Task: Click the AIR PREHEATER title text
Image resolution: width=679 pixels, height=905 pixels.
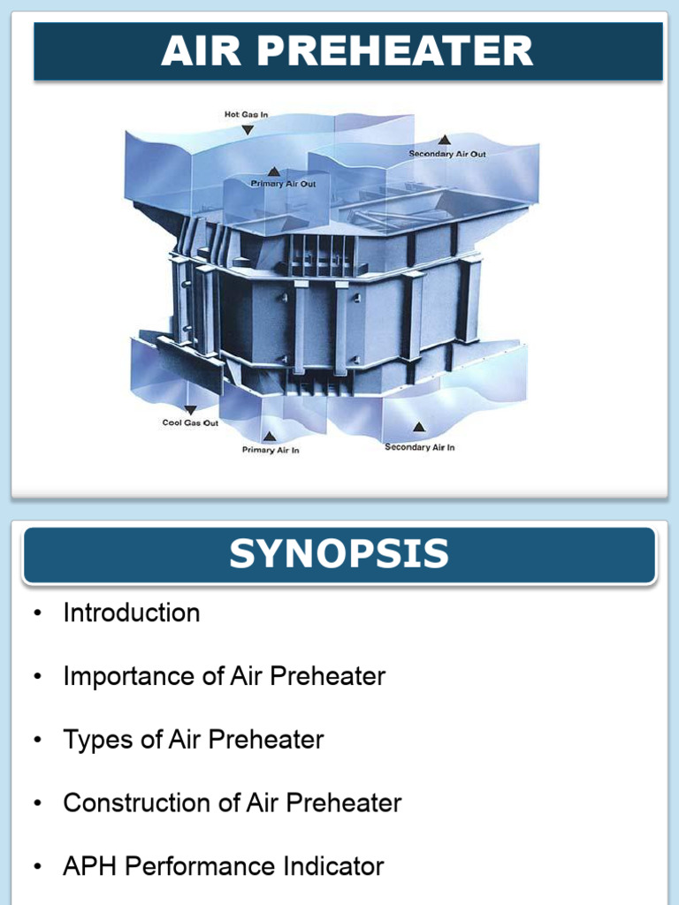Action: click(x=347, y=52)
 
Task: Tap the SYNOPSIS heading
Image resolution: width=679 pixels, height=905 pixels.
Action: click(x=339, y=554)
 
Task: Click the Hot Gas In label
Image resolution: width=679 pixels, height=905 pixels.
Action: click(x=246, y=115)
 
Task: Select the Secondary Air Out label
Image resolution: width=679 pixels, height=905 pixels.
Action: click(x=446, y=154)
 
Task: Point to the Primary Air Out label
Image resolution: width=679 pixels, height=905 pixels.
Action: click(x=283, y=184)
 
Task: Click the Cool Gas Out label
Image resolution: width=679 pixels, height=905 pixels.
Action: click(x=190, y=422)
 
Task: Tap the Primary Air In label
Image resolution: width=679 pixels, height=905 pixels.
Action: click(x=271, y=450)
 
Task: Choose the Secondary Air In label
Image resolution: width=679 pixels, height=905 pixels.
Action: click(x=419, y=447)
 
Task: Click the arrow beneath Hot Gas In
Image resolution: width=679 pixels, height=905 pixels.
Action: click(x=248, y=129)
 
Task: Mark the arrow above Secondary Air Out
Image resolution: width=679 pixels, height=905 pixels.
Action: click(x=445, y=140)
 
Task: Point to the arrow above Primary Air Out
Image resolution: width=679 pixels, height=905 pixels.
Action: click(x=275, y=171)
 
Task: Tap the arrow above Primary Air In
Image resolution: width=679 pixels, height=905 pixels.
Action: click(x=269, y=437)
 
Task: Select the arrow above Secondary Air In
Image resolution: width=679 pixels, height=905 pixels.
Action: click(x=419, y=427)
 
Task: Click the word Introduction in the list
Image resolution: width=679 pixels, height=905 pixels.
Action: click(x=132, y=612)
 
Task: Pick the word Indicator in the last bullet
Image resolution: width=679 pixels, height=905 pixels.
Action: click(x=332, y=866)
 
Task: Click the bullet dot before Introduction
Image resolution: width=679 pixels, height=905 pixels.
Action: click(x=37, y=613)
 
